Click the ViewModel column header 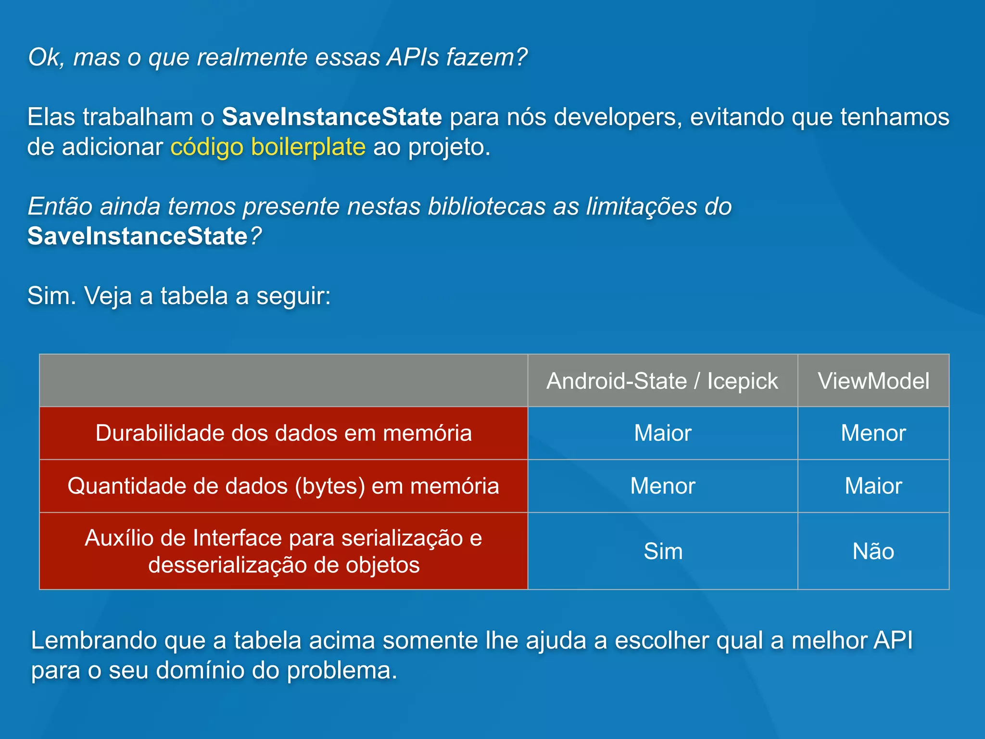click(873, 381)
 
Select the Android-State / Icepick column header click(662, 381)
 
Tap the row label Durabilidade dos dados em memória click(283, 433)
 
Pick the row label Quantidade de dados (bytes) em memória click(283, 486)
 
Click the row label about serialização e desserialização click(283, 551)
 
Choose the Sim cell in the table click(663, 551)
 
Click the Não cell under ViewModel click(873, 551)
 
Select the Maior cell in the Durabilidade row click(663, 433)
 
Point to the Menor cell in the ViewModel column click(873, 433)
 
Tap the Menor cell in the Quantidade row click(663, 486)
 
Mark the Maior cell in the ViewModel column click(873, 486)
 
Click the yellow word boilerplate click(308, 147)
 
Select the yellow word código click(207, 147)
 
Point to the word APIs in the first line click(413, 57)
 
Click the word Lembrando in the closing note click(94, 641)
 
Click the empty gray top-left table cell click(283, 381)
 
